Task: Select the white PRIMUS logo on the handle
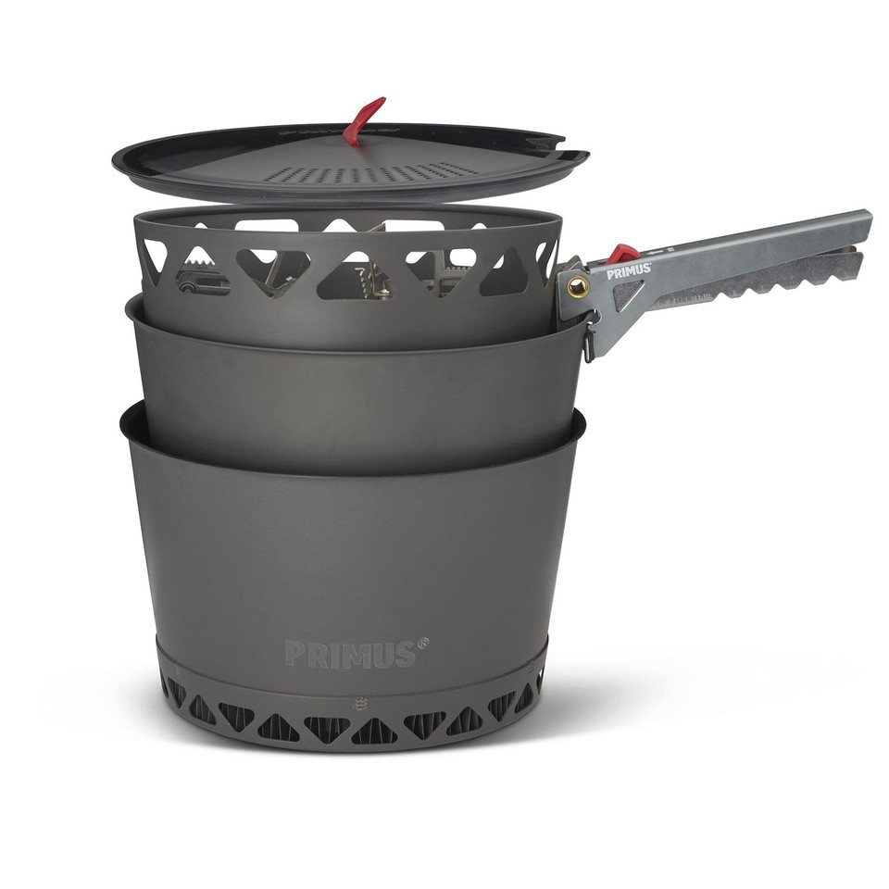[x=628, y=272]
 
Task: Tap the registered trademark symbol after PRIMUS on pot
[x=423, y=641]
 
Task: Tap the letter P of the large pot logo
[x=295, y=654]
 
